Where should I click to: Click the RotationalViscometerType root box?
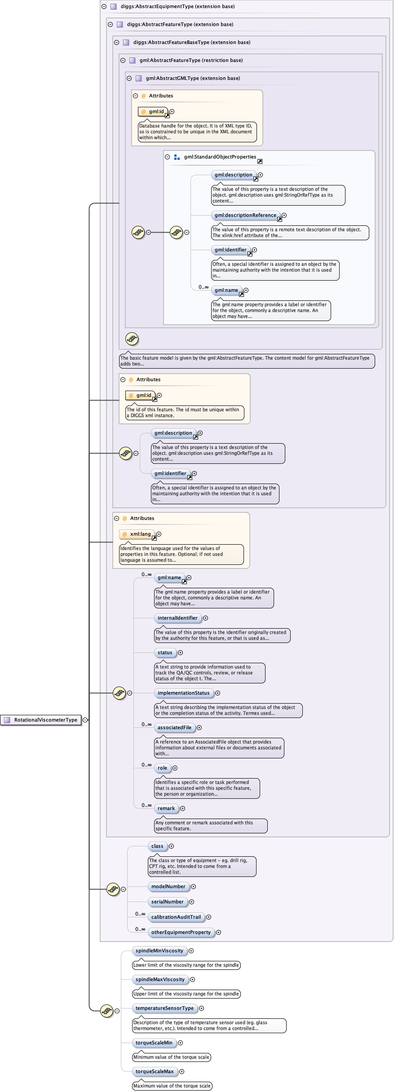(41, 720)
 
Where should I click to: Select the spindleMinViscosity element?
(159, 951)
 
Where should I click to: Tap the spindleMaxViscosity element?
(160, 979)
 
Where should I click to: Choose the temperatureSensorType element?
(164, 1008)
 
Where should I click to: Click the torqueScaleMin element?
(154, 1043)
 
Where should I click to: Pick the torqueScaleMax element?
(155, 1071)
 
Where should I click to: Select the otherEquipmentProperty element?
(181, 932)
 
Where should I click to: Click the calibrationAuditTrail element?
(176, 917)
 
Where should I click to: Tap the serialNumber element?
(167, 902)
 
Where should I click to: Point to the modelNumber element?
(168, 886)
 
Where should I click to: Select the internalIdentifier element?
(177, 618)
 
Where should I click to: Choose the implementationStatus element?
(183, 693)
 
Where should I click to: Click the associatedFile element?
(174, 727)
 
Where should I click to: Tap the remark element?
(166, 808)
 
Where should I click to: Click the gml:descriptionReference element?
(245, 215)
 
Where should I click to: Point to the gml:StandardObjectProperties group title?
(220, 157)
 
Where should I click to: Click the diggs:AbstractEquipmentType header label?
(177, 6)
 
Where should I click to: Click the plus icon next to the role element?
(175, 768)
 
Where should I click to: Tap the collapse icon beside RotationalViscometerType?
(85, 720)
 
